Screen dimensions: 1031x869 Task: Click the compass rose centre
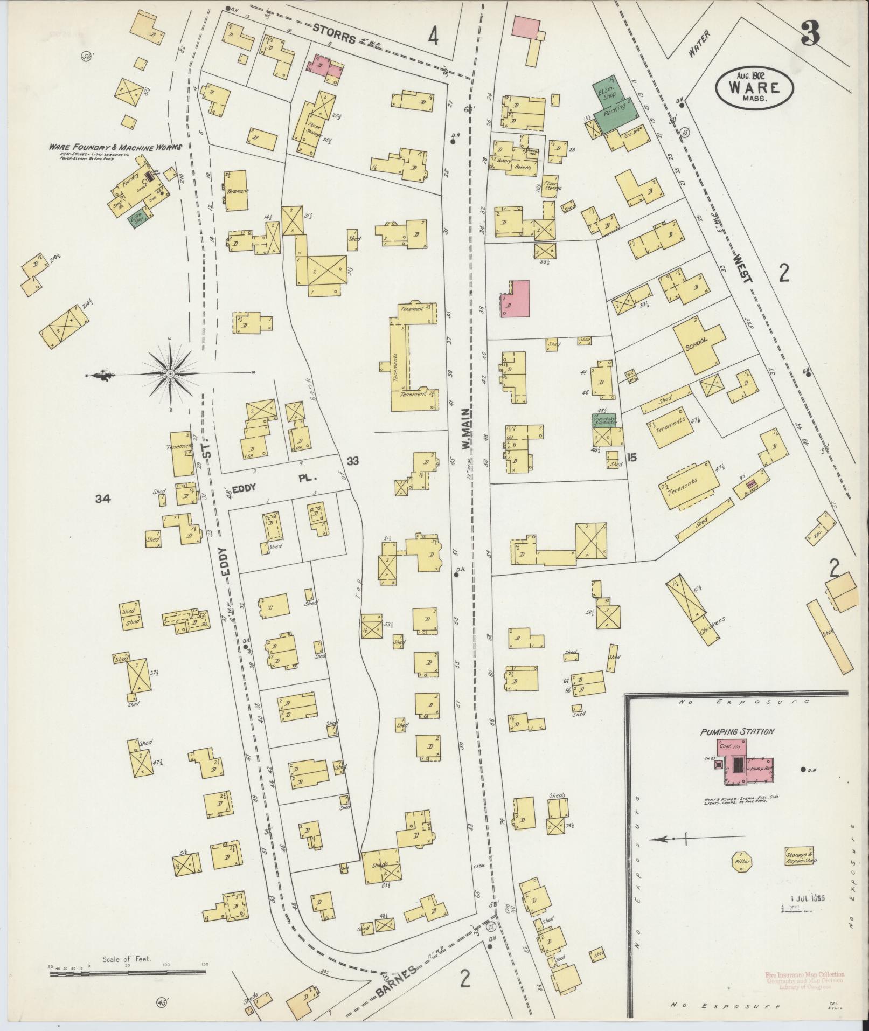pos(170,373)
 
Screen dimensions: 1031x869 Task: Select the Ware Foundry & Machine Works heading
pos(115,147)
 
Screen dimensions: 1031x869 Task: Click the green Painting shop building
pos(615,110)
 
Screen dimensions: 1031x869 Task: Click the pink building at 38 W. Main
pos(515,299)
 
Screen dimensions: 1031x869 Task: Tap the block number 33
pos(353,461)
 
